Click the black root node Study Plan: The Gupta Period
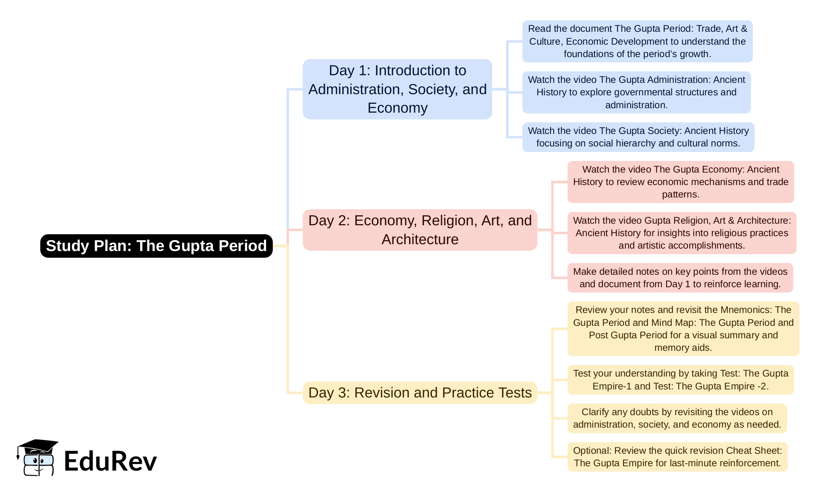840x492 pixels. coord(156,246)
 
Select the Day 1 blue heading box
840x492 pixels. coord(397,89)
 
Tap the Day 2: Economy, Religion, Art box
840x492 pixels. coord(420,230)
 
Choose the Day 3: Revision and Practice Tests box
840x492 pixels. coord(420,393)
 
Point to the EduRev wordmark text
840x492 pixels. coord(110,461)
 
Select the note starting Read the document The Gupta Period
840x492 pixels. coord(638,41)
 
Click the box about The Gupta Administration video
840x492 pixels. coord(636,92)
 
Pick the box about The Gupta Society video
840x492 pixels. coord(638,137)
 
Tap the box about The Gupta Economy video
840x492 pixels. coord(681,182)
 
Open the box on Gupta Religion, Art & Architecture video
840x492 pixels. coord(682,233)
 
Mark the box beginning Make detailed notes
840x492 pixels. coord(680,278)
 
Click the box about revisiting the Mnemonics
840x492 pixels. coord(683,329)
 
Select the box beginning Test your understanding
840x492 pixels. coord(681,380)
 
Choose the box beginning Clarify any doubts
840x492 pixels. coord(677,418)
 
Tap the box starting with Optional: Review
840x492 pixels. coord(677,457)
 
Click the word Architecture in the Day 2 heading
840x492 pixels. coord(420,239)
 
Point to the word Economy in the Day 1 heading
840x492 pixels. coord(397,108)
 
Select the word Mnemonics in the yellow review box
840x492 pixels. coord(746,310)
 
